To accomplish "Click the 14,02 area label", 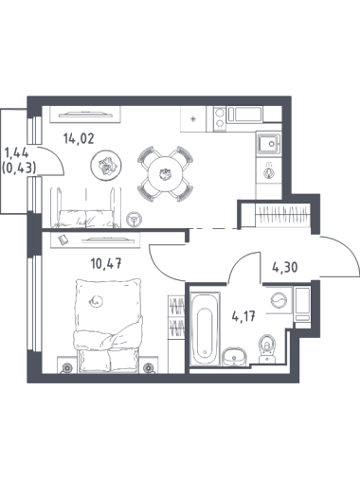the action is (x=79, y=138).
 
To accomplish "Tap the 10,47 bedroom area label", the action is (x=106, y=263).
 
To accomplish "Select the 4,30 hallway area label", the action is (x=284, y=268).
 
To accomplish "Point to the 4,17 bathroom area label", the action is (x=243, y=316).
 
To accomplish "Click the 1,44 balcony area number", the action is (x=16, y=153).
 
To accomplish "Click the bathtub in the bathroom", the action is (x=205, y=328).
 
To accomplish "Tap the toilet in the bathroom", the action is (x=267, y=348).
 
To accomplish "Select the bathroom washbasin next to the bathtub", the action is (x=234, y=357).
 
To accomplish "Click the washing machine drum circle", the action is (x=279, y=300).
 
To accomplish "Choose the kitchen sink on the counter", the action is (x=269, y=144).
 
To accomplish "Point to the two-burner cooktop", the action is (x=220, y=118).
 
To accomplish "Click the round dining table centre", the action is (x=165, y=174).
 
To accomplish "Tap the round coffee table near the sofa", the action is (x=106, y=165).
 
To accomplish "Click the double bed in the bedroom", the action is (x=107, y=326).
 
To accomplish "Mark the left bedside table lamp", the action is (x=66, y=368).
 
